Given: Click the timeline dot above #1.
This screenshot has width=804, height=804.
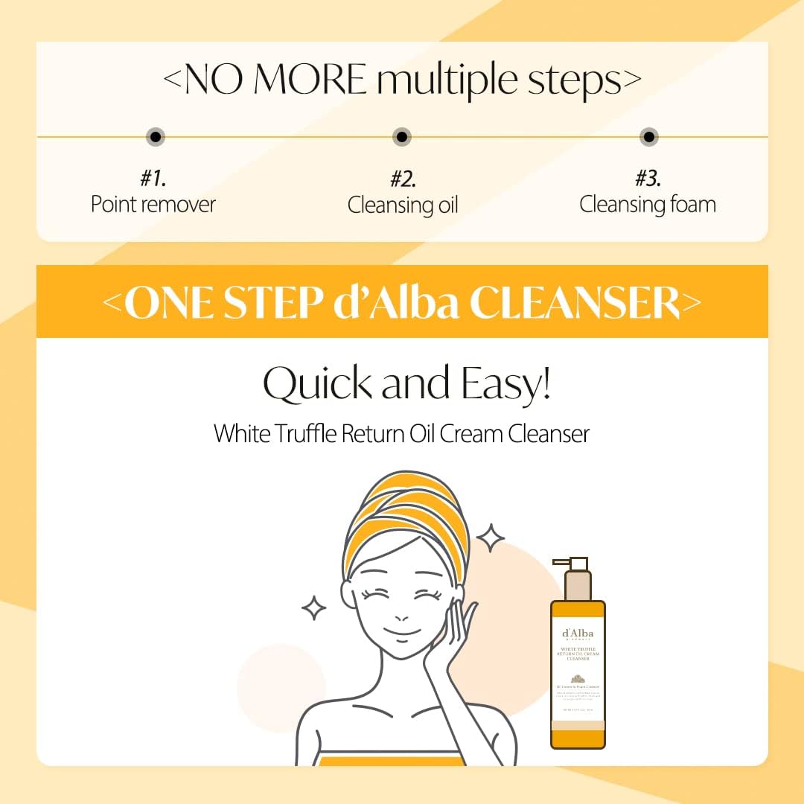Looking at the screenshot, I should [x=155, y=137].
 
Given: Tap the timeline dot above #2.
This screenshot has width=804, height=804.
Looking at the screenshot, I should [x=402, y=137].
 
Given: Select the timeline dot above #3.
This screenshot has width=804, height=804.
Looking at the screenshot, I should [x=649, y=137].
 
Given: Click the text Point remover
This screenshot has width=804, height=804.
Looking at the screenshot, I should [x=153, y=204].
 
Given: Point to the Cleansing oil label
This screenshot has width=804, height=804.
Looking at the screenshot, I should [x=402, y=205].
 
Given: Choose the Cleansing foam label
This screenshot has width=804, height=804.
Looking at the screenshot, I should [x=648, y=204].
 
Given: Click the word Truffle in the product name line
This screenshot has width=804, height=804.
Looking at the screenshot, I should [x=301, y=433].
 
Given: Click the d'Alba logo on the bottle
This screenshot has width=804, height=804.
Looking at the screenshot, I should [x=578, y=635].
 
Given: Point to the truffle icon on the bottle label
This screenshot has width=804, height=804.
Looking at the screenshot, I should [x=578, y=677].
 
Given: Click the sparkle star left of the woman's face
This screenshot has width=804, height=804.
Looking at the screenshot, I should [x=313, y=607].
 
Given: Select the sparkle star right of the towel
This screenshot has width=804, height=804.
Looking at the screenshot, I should [x=490, y=537].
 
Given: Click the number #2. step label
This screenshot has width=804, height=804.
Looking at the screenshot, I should [x=402, y=179].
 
